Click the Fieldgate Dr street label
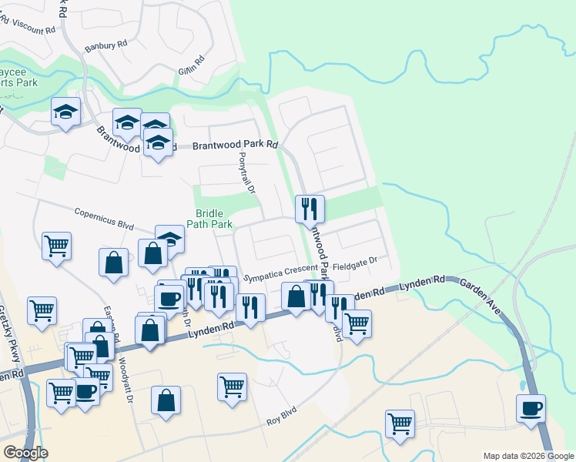click(x=357, y=262)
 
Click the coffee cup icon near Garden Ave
click(x=530, y=408)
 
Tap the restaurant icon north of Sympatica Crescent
click(x=310, y=208)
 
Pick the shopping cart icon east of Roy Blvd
click(x=400, y=423)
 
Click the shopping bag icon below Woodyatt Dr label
click(x=166, y=400)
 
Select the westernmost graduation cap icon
click(x=66, y=112)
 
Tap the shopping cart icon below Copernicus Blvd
click(x=56, y=246)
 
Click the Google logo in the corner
click(x=25, y=453)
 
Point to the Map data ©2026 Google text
click(x=527, y=456)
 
